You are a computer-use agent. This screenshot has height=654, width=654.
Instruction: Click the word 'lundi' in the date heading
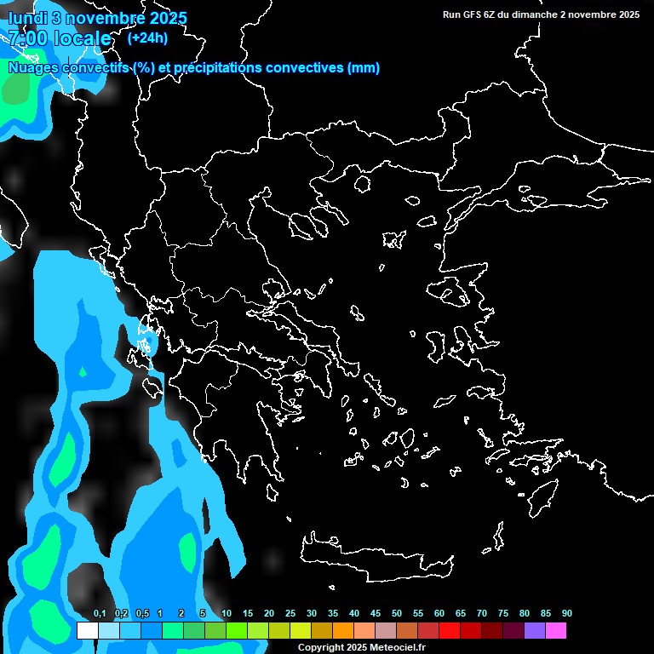click(27, 18)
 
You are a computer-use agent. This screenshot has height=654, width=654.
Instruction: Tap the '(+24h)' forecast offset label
click(147, 37)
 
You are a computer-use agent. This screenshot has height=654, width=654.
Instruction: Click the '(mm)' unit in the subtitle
click(364, 68)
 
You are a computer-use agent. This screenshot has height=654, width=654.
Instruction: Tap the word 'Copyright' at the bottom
click(320, 648)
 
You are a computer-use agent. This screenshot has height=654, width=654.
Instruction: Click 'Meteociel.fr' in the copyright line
click(398, 648)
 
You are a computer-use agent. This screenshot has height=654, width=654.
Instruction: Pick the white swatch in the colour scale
click(87, 631)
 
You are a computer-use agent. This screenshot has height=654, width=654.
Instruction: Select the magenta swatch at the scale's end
click(555, 631)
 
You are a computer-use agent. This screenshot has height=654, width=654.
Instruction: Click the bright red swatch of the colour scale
click(449, 631)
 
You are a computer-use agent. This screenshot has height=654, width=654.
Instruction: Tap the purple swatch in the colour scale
click(534, 631)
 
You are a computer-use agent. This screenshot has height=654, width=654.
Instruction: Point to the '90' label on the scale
click(567, 614)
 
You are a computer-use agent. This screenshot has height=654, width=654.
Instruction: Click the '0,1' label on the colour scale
click(100, 614)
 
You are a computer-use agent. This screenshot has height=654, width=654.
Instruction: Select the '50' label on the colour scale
click(397, 614)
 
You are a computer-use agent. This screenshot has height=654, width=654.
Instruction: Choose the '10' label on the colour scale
click(227, 614)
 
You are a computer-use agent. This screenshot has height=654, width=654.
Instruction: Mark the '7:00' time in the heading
click(26, 38)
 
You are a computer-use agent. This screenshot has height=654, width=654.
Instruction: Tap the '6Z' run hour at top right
click(490, 14)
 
